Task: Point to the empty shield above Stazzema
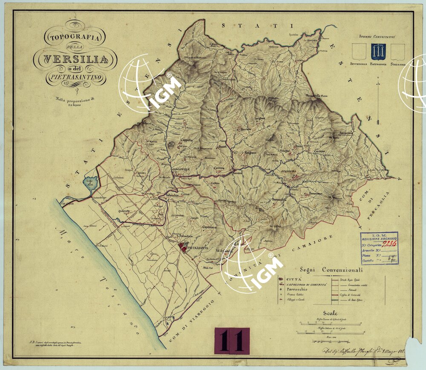coord(398,52)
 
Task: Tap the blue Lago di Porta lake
coord(91,182)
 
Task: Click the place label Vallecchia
coord(173,196)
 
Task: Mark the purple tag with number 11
coord(232,341)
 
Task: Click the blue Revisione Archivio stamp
coord(379,248)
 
